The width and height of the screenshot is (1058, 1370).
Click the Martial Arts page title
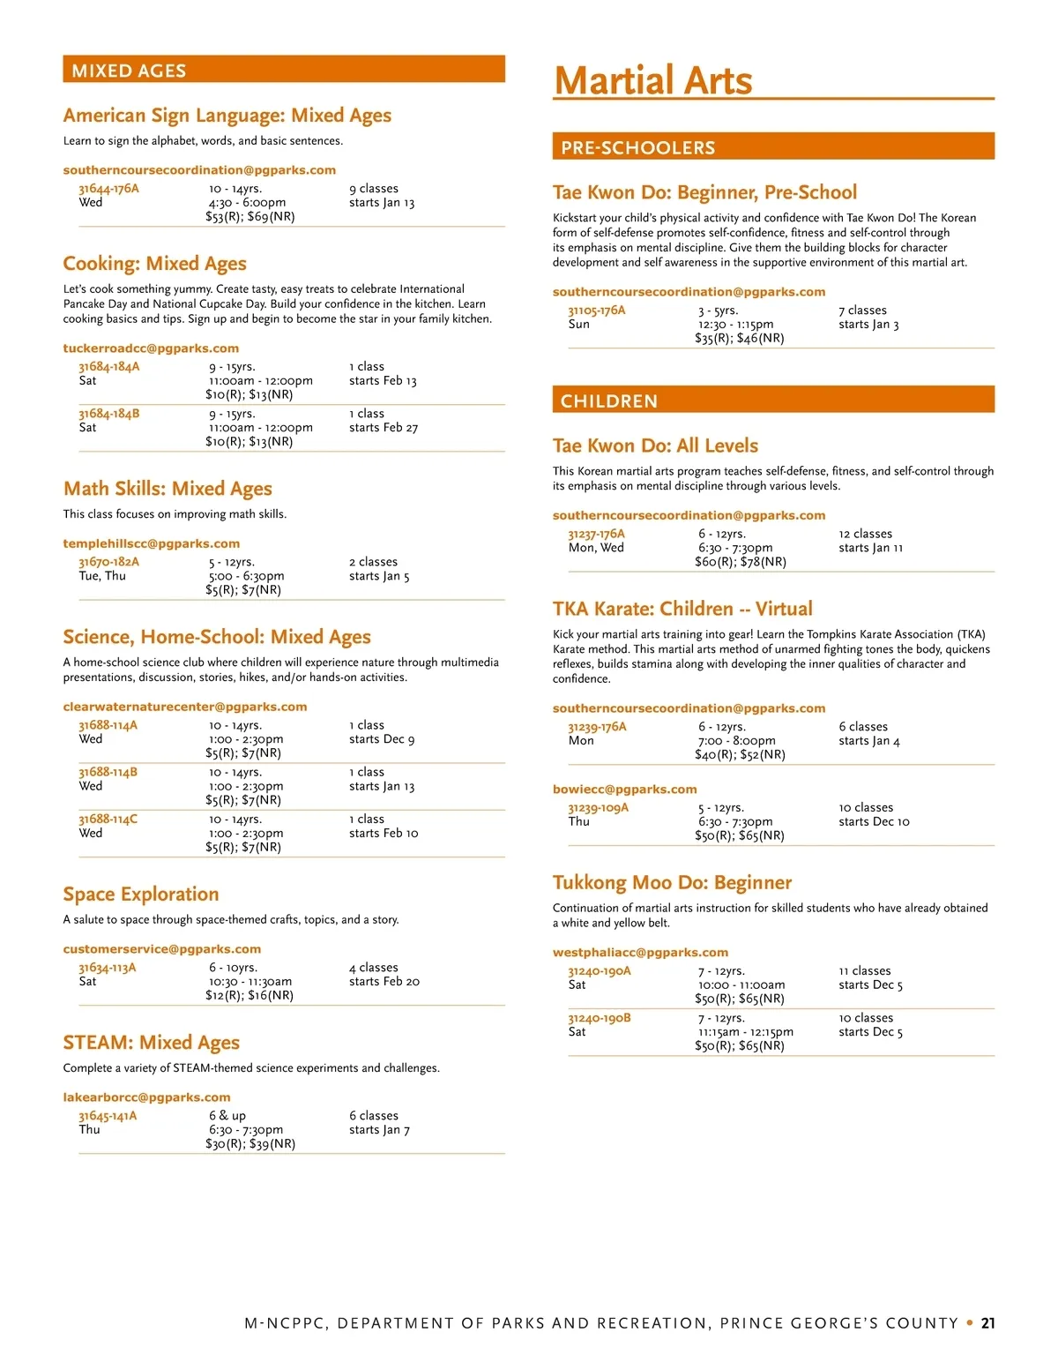653,80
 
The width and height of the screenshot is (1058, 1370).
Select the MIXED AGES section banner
283,71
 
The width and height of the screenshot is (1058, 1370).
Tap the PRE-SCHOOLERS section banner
772,147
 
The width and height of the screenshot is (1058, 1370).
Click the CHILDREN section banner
772,401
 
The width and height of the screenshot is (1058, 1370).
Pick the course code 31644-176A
108,189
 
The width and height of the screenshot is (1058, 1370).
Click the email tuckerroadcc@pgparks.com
151,348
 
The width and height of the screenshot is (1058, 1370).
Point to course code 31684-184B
108,414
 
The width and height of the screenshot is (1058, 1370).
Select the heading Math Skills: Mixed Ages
168,489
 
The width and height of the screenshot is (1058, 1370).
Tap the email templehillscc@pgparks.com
151,544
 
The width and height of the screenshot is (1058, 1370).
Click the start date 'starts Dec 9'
382,739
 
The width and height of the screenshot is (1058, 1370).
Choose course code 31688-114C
108,820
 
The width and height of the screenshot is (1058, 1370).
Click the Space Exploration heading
140,895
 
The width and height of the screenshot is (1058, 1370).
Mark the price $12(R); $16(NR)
250,996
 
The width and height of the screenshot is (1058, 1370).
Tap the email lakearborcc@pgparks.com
146,1097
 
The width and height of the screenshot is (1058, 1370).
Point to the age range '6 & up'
227,1116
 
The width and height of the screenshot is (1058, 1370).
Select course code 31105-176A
597,311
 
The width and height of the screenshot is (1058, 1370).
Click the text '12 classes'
865,534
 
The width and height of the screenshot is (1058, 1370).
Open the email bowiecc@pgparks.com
624,790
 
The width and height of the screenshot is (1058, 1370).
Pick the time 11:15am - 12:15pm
746,1032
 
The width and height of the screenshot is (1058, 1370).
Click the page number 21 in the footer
987,1323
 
